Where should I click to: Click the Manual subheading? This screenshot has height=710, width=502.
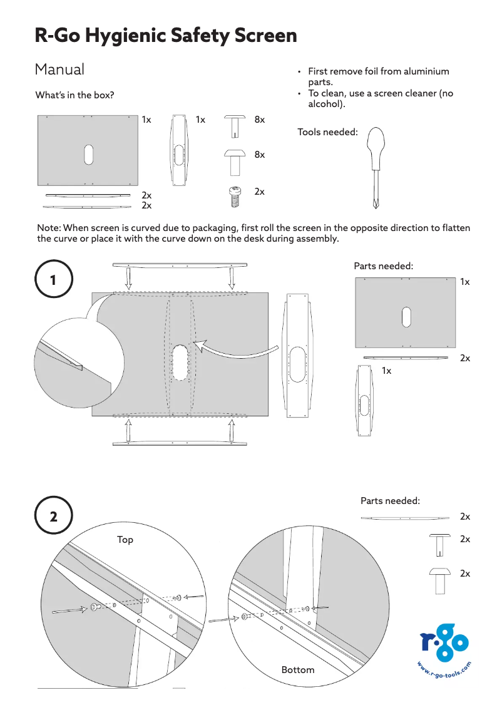59,69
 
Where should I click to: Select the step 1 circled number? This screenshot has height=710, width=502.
53,280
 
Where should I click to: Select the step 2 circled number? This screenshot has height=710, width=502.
53,517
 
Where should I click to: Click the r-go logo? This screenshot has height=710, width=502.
444,645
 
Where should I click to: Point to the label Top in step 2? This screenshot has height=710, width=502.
125,540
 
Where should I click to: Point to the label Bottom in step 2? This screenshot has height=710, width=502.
298,670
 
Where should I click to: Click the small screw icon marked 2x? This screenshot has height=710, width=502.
235,196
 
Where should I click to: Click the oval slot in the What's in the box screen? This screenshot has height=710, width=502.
88,155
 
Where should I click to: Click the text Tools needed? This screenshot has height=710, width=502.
327,132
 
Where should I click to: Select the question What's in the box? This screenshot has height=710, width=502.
74,95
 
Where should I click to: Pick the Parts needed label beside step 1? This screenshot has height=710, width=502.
383,266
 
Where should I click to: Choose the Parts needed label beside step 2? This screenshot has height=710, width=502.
390,501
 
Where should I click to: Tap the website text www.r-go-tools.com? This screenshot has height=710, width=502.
444,674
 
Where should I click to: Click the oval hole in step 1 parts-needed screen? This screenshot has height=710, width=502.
406,317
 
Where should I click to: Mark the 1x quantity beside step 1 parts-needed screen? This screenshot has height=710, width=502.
464,282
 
